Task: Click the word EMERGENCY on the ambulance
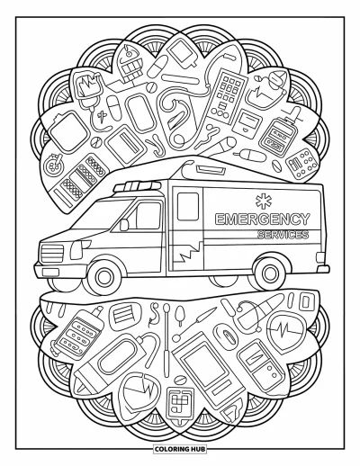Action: click(262, 219)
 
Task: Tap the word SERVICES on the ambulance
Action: click(283, 234)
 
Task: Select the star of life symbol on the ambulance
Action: click(264, 201)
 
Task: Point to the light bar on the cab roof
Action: click(137, 186)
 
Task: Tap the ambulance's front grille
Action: click(52, 254)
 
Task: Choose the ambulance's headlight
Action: click(77, 250)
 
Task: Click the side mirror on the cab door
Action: click(124, 225)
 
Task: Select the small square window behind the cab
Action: click(188, 207)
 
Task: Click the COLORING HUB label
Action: click(180, 449)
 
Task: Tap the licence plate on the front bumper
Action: click(50, 272)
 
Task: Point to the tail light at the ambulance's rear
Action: click(320, 257)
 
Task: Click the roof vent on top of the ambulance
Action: click(210, 171)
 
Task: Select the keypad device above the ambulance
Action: click(228, 95)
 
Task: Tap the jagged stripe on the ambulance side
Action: click(187, 251)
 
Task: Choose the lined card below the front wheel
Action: click(123, 314)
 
